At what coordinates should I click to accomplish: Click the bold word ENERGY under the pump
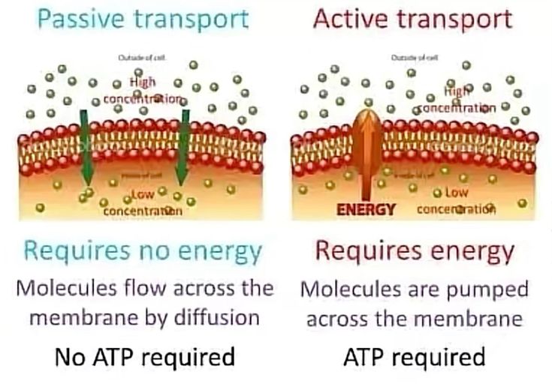pyautogui.click(x=366, y=209)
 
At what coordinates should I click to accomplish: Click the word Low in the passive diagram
pyautogui.click(x=143, y=195)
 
